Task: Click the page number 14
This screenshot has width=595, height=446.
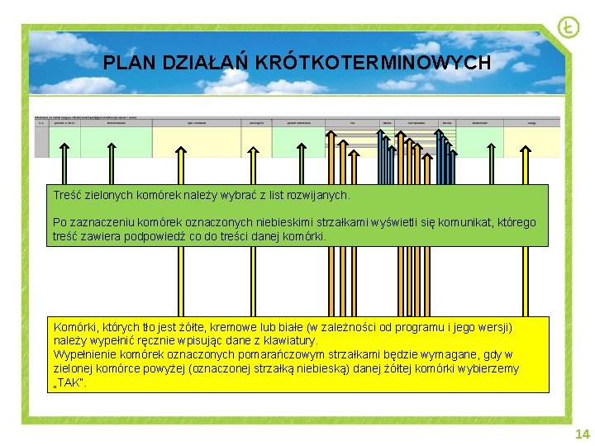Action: (582, 434)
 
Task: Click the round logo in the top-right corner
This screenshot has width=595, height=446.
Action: (568, 27)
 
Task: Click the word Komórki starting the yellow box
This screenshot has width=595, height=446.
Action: (76, 327)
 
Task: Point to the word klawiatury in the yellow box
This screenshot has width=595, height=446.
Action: (288, 340)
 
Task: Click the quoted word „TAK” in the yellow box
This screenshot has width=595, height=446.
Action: (69, 382)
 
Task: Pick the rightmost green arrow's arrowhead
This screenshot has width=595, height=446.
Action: (524, 150)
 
